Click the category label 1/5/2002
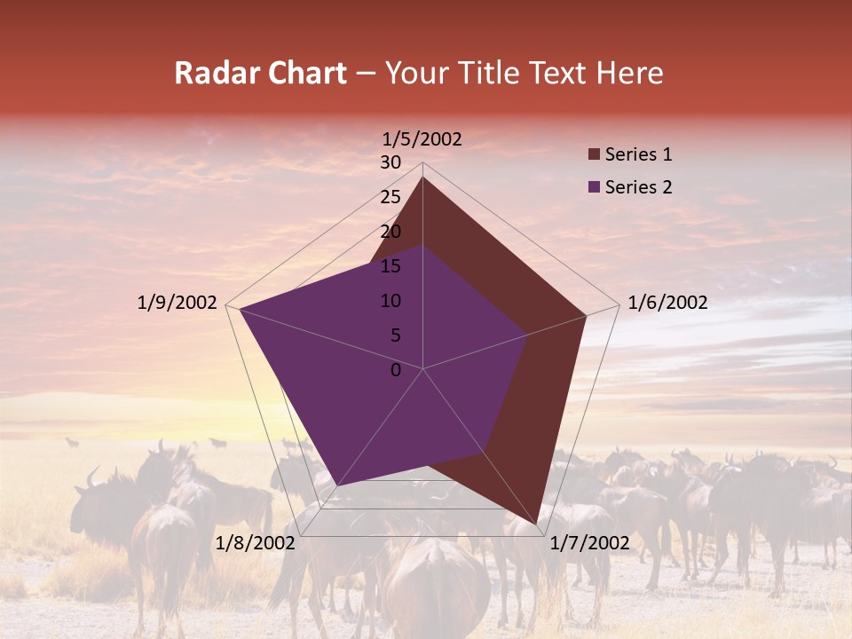422,139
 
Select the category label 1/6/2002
667,303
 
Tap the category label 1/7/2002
589,543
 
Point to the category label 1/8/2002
255,543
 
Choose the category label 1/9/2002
177,303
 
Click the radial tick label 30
390,162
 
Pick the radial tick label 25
390,197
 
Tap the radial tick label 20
390,232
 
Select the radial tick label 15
390,266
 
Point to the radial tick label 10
390,301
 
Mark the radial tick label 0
396,370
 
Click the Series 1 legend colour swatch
594,155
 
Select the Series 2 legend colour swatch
594,187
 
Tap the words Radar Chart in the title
260,73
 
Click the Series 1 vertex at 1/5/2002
422,177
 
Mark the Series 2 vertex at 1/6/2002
528,335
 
